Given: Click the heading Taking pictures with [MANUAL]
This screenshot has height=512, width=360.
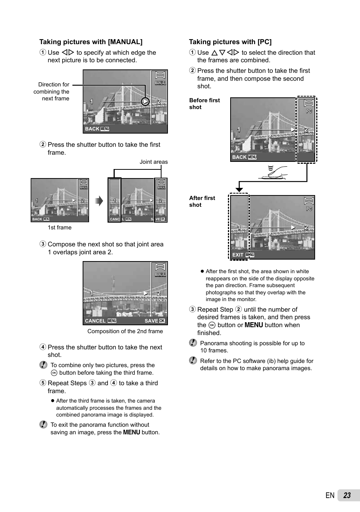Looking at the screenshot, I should coord(91,42).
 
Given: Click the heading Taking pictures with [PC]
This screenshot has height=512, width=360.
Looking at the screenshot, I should coord(230,42).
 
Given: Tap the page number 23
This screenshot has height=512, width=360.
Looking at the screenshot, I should coord(347,495).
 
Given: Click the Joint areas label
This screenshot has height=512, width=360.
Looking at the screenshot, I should coord(154,162).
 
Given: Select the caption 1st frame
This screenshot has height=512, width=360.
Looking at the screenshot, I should coord(60,228).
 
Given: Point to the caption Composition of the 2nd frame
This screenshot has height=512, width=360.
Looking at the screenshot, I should coord(125,331).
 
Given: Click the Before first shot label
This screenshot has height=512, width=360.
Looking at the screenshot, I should coord(204,104).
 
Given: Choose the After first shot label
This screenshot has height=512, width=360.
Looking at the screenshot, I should coord(202,201).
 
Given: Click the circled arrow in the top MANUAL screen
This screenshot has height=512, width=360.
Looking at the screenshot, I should coord(145,101).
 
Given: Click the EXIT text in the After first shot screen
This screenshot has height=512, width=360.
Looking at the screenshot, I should coord(238,255).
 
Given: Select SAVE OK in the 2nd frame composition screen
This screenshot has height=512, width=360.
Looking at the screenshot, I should coord(155,321).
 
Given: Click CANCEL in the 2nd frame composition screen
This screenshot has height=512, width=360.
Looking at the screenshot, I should coord(95,321).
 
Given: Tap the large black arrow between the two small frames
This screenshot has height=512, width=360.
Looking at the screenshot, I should coord(99,201).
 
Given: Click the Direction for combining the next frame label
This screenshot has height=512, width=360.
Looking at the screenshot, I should coord(52,92).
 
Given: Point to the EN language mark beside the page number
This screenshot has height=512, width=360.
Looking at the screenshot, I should coord(330,495).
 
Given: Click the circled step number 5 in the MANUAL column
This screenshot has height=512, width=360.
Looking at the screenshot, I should coord(43,383).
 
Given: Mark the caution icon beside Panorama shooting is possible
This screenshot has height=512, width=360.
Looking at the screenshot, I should coord(193,343).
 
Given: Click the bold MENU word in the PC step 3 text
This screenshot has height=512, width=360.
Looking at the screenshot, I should coord(254,325).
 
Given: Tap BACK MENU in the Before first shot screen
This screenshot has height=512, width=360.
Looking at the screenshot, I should coord(244,157).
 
